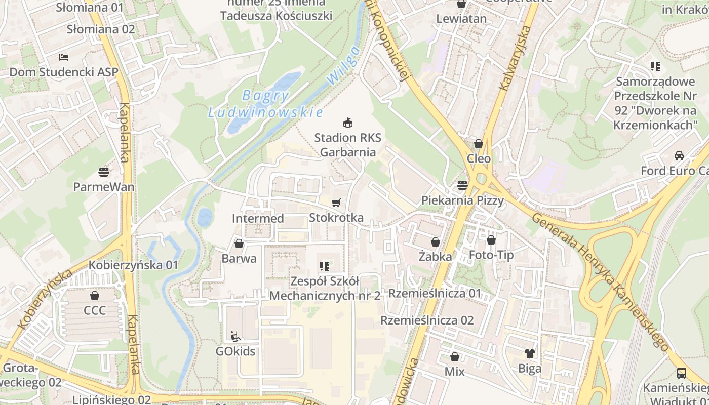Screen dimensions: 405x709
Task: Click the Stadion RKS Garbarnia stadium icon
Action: (x=347, y=123)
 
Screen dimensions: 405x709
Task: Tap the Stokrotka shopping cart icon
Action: (x=336, y=203)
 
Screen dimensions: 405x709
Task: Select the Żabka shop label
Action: (x=435, y=257)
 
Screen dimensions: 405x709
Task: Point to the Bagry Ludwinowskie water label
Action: (x=265, y=104)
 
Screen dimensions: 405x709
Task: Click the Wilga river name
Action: (x=343, y=65)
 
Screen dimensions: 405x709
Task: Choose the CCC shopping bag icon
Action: (x=95, y=296)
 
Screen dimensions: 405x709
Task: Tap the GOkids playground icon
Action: (x=235, y=336)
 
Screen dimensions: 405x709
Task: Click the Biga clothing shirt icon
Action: (x=530, y=353)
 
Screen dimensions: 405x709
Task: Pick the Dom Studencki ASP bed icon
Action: (x=64, y=57)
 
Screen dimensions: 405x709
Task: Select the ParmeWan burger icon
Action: (x=104, y=172)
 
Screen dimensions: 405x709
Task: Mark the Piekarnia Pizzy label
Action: (x=463, y=200)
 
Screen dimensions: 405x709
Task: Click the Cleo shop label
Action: (x=479, y=158)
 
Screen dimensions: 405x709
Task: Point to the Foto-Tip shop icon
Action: (x=491, y=240)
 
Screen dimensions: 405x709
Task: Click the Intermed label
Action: (x=258, y=218)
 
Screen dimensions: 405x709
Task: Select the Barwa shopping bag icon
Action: (x=239, y=244)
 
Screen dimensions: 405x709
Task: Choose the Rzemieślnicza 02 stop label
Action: (x=427, y=320)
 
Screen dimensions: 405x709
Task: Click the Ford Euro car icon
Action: (x=679, y=156)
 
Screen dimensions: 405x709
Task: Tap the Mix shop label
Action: (x=454, y=372)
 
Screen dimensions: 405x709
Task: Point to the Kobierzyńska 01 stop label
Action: (x=133, y=265)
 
